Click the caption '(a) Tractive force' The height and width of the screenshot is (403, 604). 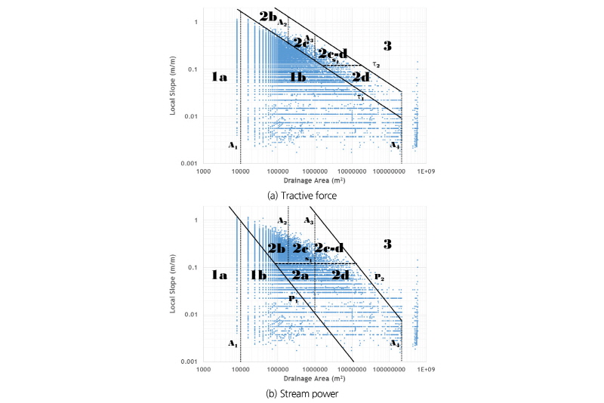click(302, 195)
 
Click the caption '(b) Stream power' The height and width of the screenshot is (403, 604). click(302, 392)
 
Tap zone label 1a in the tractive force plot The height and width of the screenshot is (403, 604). click(219, 76)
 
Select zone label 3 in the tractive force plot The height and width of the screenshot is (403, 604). click(387, 47)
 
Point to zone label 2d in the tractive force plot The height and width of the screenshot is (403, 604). click(361, 76)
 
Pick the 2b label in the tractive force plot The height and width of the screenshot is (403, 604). click(267, 16)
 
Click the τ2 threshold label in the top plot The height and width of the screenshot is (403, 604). click(376, 65)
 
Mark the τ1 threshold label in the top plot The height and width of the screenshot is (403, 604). click(361, 96)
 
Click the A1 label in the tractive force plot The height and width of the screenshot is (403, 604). click(233, 144)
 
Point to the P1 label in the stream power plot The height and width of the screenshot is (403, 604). click(293, 299)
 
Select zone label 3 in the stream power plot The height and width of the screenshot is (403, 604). click(387, 244)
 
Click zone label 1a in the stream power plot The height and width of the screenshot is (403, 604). click(219, 275)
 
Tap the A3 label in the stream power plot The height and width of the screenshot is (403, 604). click(308, 220)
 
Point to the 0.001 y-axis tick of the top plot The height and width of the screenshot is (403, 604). click(187, 163)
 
